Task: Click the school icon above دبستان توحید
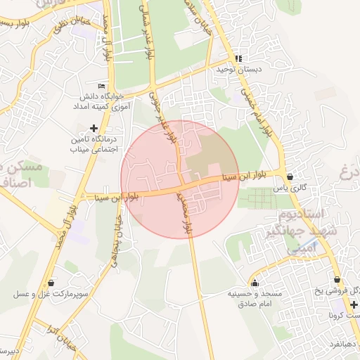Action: coord(238,58)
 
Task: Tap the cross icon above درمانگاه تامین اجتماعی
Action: coord(94,127)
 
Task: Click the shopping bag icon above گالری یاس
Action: coord(290,176)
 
